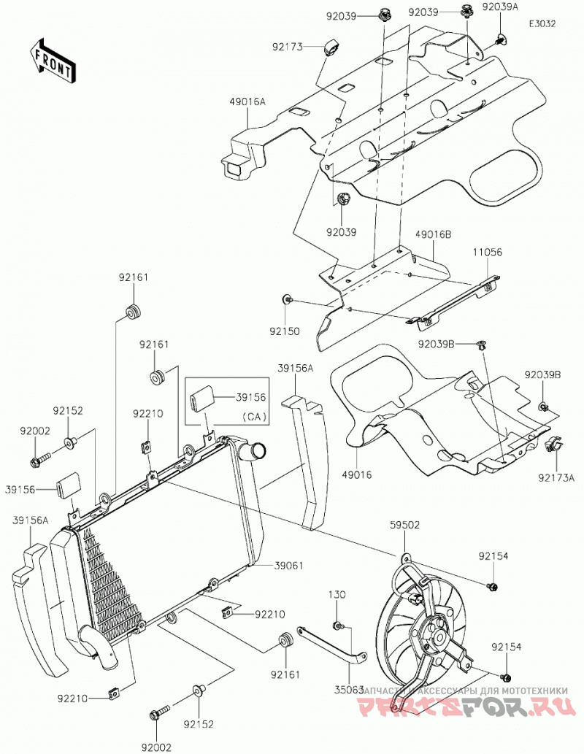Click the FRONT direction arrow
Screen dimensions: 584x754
(x=53, y=61)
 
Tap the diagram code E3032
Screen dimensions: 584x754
(x=542, y=23)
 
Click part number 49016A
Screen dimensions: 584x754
(x=247, y=101)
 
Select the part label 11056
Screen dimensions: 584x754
(x=487, y=252)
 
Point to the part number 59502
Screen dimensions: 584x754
(x=404, y=525)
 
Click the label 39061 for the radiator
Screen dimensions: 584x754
(x=288, y=565)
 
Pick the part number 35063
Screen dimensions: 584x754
(x=348, y=690)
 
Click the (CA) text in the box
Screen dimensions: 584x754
(x=254, y=417)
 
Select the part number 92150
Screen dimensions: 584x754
(x=284, y=331)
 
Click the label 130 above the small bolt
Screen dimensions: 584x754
(x=337, y=594)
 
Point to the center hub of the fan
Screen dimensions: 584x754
(x=438, y=636)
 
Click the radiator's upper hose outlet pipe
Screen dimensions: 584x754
(x=255, y=452)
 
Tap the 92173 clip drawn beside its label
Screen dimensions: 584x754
(x=330, y=47)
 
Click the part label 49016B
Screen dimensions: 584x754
(x=434, y=234)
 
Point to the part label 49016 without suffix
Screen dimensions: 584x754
(x=356, y=475)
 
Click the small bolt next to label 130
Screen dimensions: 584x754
(x=337, y=626)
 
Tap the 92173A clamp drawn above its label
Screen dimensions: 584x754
(x=553, y=444)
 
